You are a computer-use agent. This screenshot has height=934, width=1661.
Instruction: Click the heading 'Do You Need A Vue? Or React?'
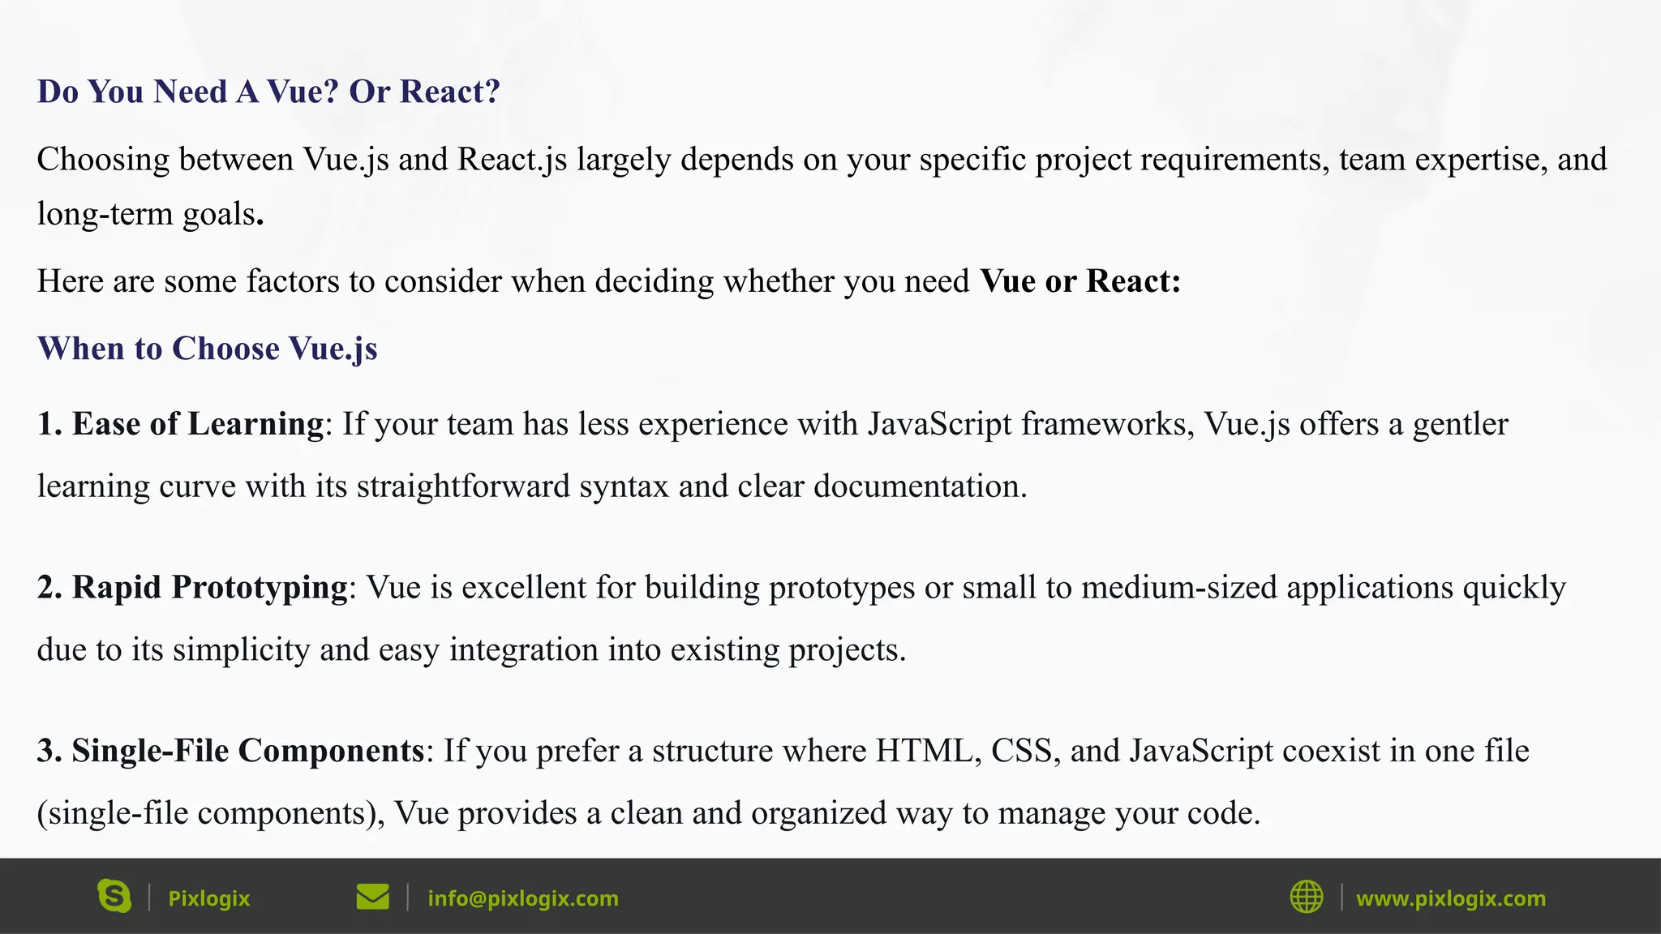click(x=268, y=92)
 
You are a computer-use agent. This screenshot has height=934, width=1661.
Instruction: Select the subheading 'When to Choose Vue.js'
click(x=208, y=349)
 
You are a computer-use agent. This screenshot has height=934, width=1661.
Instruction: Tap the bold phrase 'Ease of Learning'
click(x=198, y=424)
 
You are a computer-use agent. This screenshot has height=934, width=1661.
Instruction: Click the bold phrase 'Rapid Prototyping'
click(x=210, y=587)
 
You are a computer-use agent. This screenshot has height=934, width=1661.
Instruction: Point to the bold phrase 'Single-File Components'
click(x=247, y=751)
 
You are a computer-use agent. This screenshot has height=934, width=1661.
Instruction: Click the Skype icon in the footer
click(x=114, y=897)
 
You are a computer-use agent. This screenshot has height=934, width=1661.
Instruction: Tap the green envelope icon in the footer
click(x=372, y=897)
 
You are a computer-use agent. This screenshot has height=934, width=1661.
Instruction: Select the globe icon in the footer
click(x=1306, y=897)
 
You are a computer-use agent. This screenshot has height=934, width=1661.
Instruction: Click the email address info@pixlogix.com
click(x=523, y=898)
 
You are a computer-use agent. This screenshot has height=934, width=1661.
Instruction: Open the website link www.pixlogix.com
click(x=1451, y=898)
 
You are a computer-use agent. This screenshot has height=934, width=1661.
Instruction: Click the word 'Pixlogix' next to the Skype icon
click(x=208, y=898)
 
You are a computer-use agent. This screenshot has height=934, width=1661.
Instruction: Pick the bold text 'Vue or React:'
click(x=1080, y=281)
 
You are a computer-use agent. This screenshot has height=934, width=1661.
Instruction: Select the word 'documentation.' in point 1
click(x=921, y=486)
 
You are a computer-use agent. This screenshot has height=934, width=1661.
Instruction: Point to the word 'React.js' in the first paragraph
click(x=513, y=160)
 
